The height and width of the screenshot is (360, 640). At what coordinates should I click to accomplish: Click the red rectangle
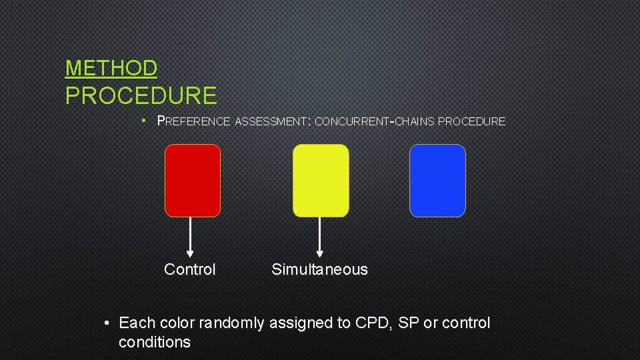[192, 181]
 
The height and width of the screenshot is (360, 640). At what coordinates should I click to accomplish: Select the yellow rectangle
[321, 181]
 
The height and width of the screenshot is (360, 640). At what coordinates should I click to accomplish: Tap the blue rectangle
[437, 181]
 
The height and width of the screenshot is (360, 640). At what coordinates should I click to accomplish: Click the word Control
[190, 269]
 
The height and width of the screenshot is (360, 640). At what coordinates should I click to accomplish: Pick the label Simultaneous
[319, 269]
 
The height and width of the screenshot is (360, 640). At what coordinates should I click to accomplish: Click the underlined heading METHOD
[111, 68]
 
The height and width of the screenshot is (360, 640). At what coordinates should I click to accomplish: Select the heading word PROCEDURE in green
[141, 96]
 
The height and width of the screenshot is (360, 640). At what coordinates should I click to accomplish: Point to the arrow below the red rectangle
[191, 237]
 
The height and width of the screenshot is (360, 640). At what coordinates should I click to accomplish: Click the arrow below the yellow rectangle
[320, 237]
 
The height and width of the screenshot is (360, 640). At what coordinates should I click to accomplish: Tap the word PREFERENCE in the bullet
[193, 121]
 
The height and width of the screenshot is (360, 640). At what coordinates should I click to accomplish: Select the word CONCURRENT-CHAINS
[374, 121]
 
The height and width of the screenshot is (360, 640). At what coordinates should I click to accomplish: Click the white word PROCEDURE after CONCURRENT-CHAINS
[472, 121]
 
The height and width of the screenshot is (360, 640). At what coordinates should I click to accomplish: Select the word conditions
[154, 343]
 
